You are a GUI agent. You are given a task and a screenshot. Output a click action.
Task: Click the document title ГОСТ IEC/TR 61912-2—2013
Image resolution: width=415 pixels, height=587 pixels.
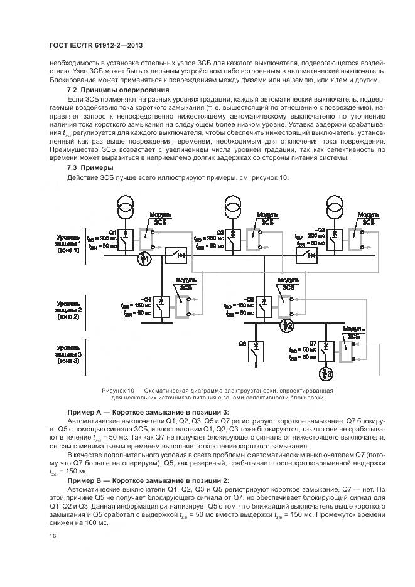pos(88,46)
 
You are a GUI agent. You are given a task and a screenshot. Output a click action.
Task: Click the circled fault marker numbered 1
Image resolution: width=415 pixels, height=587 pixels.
pos(145,258)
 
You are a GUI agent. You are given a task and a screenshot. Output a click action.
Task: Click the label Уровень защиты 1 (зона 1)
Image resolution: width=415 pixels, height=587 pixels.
pos(68,244)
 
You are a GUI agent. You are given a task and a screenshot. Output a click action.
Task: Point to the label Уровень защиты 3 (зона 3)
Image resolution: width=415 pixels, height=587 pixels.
pos(68,354)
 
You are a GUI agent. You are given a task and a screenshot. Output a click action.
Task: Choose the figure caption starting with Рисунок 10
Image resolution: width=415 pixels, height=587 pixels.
pos(218,393)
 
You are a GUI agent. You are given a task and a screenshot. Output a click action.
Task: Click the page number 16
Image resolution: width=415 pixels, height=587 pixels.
pos(51,536)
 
